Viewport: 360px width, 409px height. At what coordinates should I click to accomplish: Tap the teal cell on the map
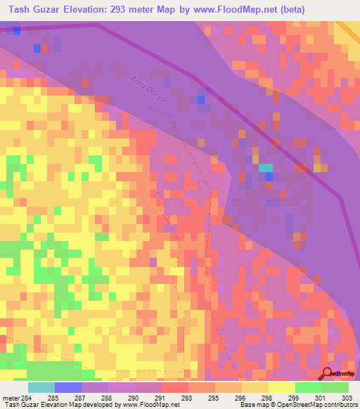click(265, 168)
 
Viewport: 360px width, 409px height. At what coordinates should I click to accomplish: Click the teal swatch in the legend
click(41, 387)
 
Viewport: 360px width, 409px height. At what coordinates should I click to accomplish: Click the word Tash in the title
click(22, 11)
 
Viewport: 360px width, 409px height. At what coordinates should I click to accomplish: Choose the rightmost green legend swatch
click(335, 387)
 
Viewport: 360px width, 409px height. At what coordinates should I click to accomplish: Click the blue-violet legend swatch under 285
click(68, 387)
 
